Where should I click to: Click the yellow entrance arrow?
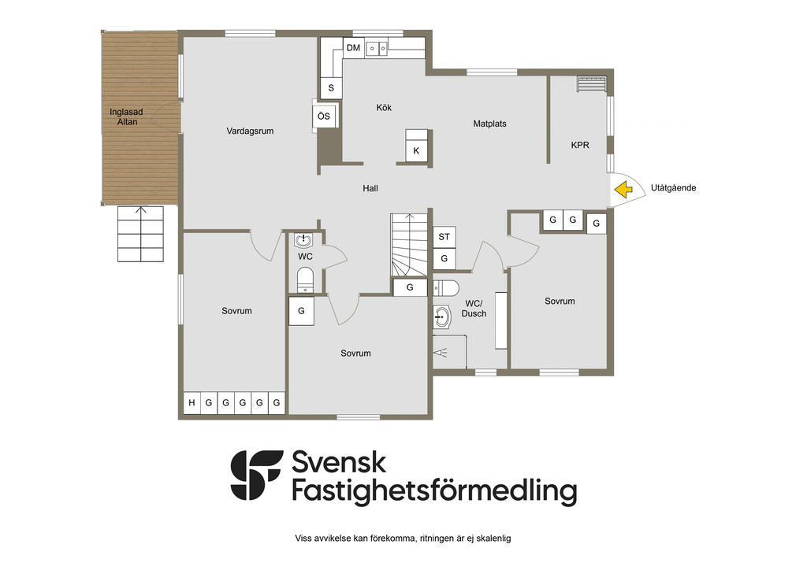624,189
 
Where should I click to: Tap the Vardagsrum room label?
250,131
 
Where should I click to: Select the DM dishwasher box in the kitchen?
353,48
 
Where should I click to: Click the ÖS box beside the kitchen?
324,117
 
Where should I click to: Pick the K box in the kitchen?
416,151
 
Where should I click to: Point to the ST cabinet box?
444,237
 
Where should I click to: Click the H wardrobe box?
192,403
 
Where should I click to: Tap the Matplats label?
489,124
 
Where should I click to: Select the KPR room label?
580,146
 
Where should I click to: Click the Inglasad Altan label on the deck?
127,117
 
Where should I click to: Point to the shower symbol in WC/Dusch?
440,352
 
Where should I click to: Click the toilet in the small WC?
305,280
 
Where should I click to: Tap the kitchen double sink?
377,49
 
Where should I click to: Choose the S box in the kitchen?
331,88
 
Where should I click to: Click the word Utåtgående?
673,188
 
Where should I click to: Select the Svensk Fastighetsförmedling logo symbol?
256,476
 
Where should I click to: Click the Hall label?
370,189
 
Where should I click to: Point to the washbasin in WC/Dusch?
441,317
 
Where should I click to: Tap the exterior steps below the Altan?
140,234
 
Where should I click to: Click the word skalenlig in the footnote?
493,539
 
